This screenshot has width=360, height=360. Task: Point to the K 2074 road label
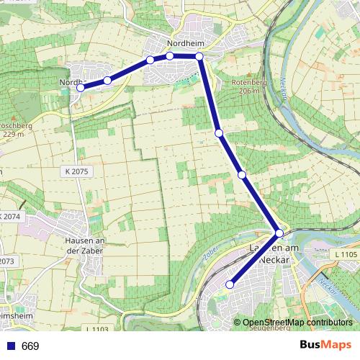point(11,217)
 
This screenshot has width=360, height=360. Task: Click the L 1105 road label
point(346,254)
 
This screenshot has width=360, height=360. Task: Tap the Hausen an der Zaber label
point(86,245)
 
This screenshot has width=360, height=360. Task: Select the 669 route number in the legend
point(30,346)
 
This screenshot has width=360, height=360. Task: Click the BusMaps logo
point(325,345)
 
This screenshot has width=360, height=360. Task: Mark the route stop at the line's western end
point(81,88)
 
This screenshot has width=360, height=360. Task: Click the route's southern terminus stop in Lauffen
point(230,284)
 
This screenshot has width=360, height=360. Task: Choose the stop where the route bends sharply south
point(199,57)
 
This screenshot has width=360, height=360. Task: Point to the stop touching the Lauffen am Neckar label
point(279,233)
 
